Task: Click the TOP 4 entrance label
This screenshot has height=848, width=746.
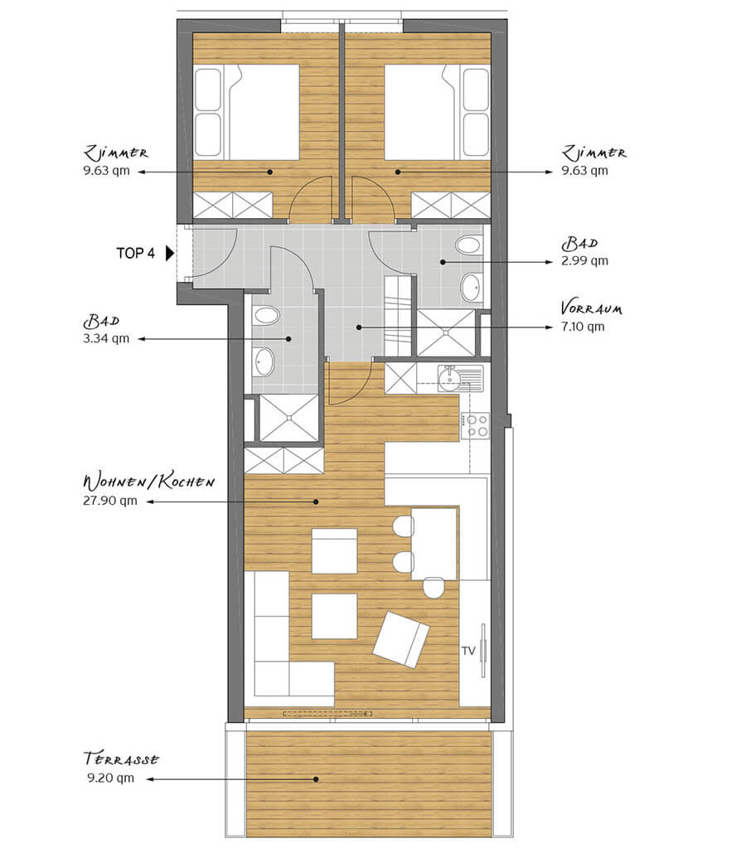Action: point(135,253)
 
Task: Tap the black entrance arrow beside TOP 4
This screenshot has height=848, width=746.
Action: point(169,253)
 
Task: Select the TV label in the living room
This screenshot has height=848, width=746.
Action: point(468,651)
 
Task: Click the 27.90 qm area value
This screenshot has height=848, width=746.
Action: point(109,501)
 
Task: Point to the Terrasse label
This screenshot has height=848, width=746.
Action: point(121,758)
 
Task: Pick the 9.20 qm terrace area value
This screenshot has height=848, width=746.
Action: point(110,778)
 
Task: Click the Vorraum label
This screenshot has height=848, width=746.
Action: point(591,308)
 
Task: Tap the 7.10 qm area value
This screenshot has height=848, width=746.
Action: point(582,327)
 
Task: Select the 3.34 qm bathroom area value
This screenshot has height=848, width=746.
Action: point(106,338)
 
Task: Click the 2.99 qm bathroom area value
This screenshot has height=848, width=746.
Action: point(585,260)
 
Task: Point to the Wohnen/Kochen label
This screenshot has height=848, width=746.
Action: point(148,482)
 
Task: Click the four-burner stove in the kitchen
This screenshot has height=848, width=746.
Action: point(475,426)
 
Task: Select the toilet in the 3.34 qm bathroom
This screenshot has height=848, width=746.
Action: point(265,316)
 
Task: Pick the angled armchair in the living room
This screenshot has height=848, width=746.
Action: point(401,639)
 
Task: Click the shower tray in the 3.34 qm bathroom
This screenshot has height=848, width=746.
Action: point(289,418)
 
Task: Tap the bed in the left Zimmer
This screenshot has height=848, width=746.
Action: point(246,113)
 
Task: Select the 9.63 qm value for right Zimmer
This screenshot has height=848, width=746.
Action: point(585,171)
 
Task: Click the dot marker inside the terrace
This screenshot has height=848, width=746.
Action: point(316,779)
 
